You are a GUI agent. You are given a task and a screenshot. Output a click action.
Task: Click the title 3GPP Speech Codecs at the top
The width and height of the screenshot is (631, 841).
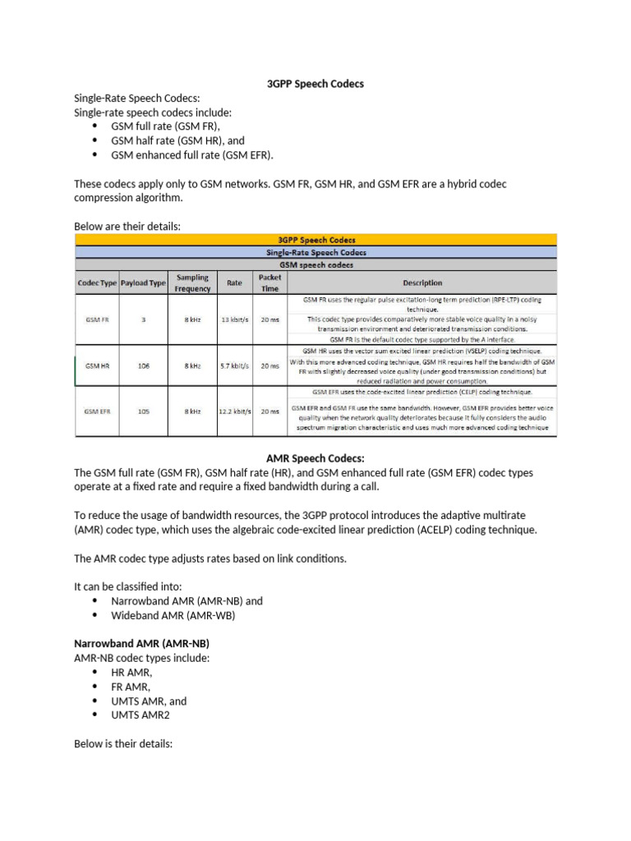coord(315,84)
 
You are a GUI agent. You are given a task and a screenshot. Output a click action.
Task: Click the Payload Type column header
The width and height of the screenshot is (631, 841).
coord(143,283)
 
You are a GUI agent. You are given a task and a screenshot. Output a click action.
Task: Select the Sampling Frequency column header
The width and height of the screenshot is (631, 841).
coord(192,283)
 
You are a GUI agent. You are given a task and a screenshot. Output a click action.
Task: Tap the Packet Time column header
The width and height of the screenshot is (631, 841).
coord(269,283)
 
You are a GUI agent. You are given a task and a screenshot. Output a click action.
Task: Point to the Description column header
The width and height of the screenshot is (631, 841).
coord(422,283)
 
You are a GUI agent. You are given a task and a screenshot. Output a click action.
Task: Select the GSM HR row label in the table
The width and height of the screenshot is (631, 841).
coord(98,365)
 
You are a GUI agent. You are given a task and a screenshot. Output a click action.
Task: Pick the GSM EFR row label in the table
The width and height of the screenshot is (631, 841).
coord(98,411)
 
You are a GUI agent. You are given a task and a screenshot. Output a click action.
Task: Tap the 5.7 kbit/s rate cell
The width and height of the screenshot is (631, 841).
coord(234,365)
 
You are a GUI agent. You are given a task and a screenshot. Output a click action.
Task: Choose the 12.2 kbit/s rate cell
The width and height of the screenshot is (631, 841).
coord(234,411)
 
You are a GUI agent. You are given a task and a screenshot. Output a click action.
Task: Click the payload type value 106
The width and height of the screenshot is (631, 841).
coord(143,365)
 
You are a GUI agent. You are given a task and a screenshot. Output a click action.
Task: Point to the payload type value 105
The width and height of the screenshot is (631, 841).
coord(143,411)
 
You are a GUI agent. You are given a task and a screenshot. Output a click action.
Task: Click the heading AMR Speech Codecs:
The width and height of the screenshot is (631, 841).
coord(315,458)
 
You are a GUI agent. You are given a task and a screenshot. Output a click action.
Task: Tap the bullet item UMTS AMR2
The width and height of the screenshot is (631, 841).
coord(140,715)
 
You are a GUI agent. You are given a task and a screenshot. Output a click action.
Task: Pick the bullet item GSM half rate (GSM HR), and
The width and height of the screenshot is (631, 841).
coord(177,140)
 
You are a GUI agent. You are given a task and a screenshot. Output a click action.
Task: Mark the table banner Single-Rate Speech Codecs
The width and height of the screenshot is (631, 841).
coord(315,253)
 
